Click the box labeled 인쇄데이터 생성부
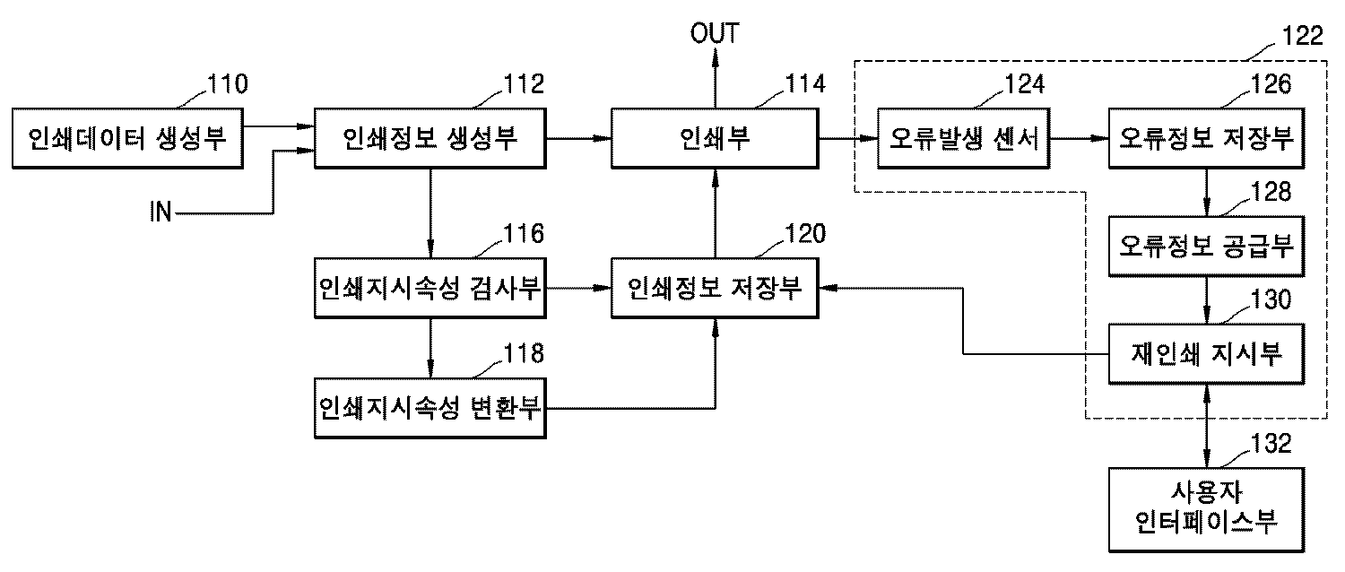click(x=128, y=138)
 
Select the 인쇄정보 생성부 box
click(x=430, y=138)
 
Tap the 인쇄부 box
click(x=714, y=138)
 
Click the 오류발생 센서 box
click(x=964, y=138)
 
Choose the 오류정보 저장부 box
click(x=1206, y=138)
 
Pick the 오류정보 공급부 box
click(x=1206, y=245)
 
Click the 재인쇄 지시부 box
click(x=1206, y=353)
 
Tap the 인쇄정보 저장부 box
click(x=714, y=288)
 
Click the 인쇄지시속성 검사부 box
click(x=430, y=288)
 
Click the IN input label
click(x=163, y=213)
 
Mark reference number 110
click(x=228, y=85)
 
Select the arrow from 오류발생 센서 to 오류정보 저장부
click(x=1080, y=138)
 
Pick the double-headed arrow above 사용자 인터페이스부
click(x=1206, y=426)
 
